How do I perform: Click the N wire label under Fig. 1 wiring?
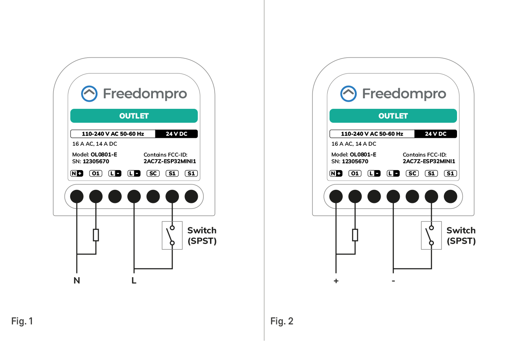tap(76, 281)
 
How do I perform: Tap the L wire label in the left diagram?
tap(134, 281)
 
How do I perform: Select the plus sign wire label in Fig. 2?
tap(336, 281)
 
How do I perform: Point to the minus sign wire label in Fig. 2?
tap(393, 281)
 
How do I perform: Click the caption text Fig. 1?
tap(22, 321)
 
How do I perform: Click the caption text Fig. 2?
tap(282, 321)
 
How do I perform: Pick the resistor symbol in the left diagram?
tap(96, 235)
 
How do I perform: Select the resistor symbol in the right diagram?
tap(355, 235)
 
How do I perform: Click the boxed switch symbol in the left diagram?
tap(172, 235)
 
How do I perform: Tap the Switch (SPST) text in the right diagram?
tap(461, 236)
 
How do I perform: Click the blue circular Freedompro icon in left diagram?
tap(89, 94)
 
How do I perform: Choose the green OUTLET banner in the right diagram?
tap(393, 116)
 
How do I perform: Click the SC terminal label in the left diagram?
tap(153, 173)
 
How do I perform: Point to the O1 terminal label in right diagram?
tap(355, 173)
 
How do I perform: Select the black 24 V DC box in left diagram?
tap(176, 134)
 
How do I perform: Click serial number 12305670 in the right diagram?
tap(355, 161)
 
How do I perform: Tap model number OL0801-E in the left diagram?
tap(104, 155)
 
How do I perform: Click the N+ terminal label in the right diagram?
tap(336, 173)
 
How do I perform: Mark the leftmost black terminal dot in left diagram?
tap(76, 196)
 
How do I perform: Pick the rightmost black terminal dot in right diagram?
tap(450, 196)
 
